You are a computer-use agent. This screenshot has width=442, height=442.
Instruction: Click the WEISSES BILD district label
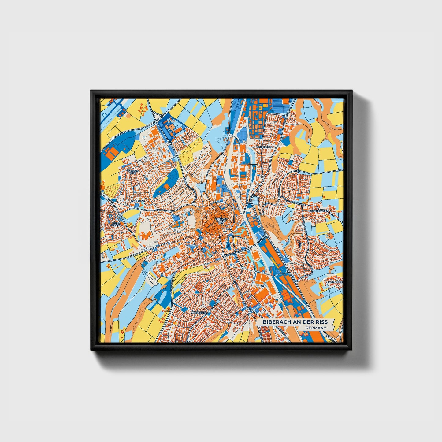point(133,172)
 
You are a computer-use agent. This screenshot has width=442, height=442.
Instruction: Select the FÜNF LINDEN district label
point(116,224)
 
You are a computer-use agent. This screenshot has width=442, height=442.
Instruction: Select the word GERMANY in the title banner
point(316,328)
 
